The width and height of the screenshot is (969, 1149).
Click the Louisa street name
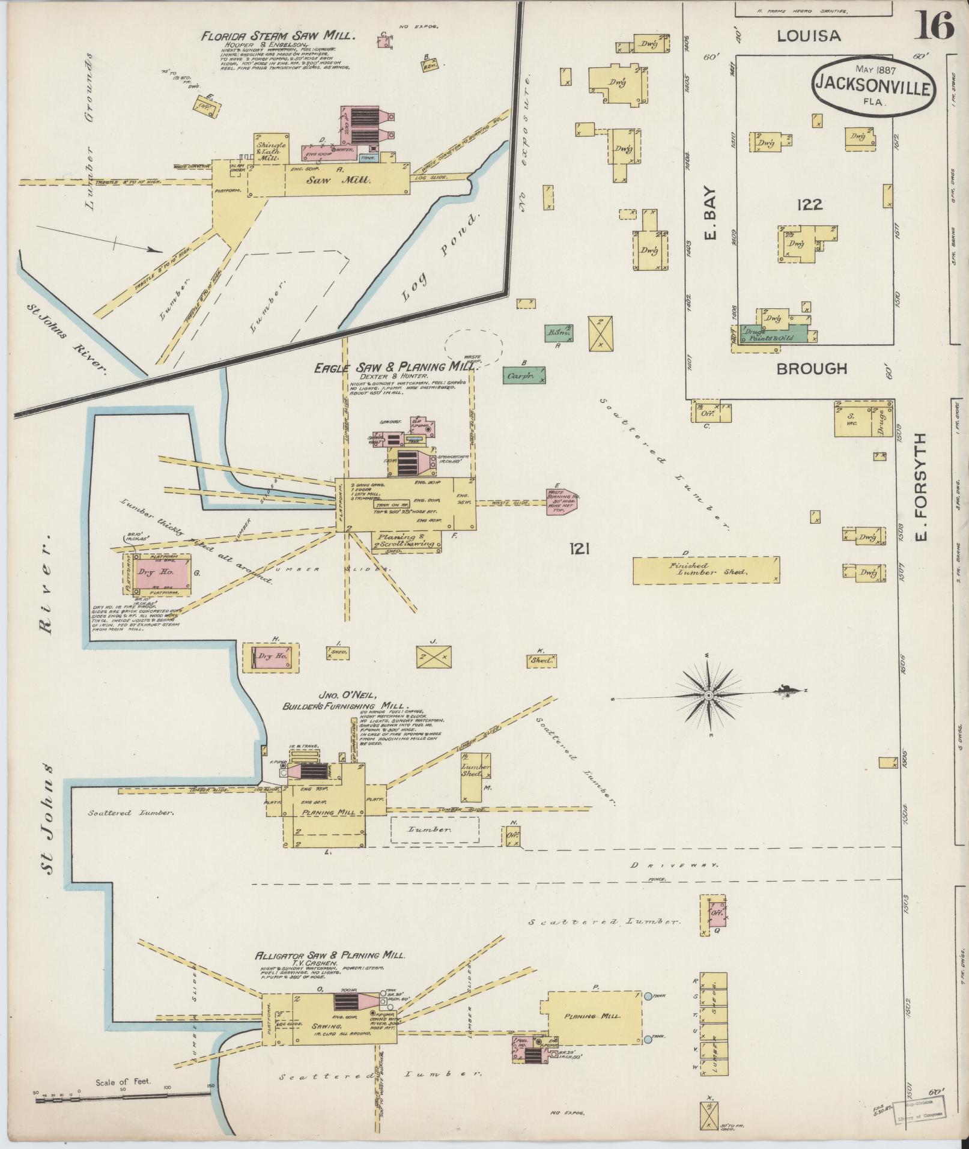coord(809,36)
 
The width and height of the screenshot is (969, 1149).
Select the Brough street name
coord(812,369)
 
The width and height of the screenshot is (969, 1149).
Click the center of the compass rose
coord(709,695)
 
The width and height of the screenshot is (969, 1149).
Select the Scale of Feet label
coord(123,1082)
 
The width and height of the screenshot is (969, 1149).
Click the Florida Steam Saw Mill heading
coord(279,35)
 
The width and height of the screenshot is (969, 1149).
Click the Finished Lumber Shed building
coord(706,569)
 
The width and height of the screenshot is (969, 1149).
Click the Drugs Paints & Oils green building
coord(776,335)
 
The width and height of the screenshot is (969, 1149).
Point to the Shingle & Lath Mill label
coord(272,150)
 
